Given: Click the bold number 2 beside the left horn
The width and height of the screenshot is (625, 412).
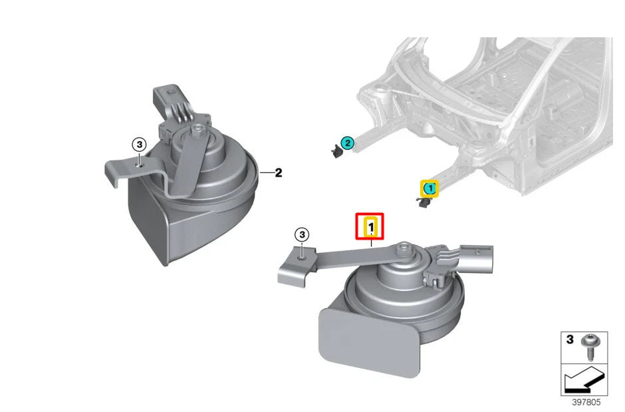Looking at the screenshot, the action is (278, 172).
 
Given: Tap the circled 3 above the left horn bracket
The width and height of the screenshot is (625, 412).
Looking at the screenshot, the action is (139, 144).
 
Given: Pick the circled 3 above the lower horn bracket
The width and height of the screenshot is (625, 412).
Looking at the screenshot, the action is (302, 234).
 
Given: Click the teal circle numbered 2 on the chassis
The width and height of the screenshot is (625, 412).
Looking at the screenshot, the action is (347, 143).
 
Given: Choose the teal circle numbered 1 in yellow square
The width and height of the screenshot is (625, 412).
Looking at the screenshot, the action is (430, 188).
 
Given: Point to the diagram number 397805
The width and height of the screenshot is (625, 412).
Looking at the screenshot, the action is (586, 403).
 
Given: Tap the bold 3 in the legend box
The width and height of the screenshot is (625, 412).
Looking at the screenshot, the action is (570, 340).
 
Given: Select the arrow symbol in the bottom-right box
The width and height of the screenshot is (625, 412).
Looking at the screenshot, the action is (584, 379).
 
